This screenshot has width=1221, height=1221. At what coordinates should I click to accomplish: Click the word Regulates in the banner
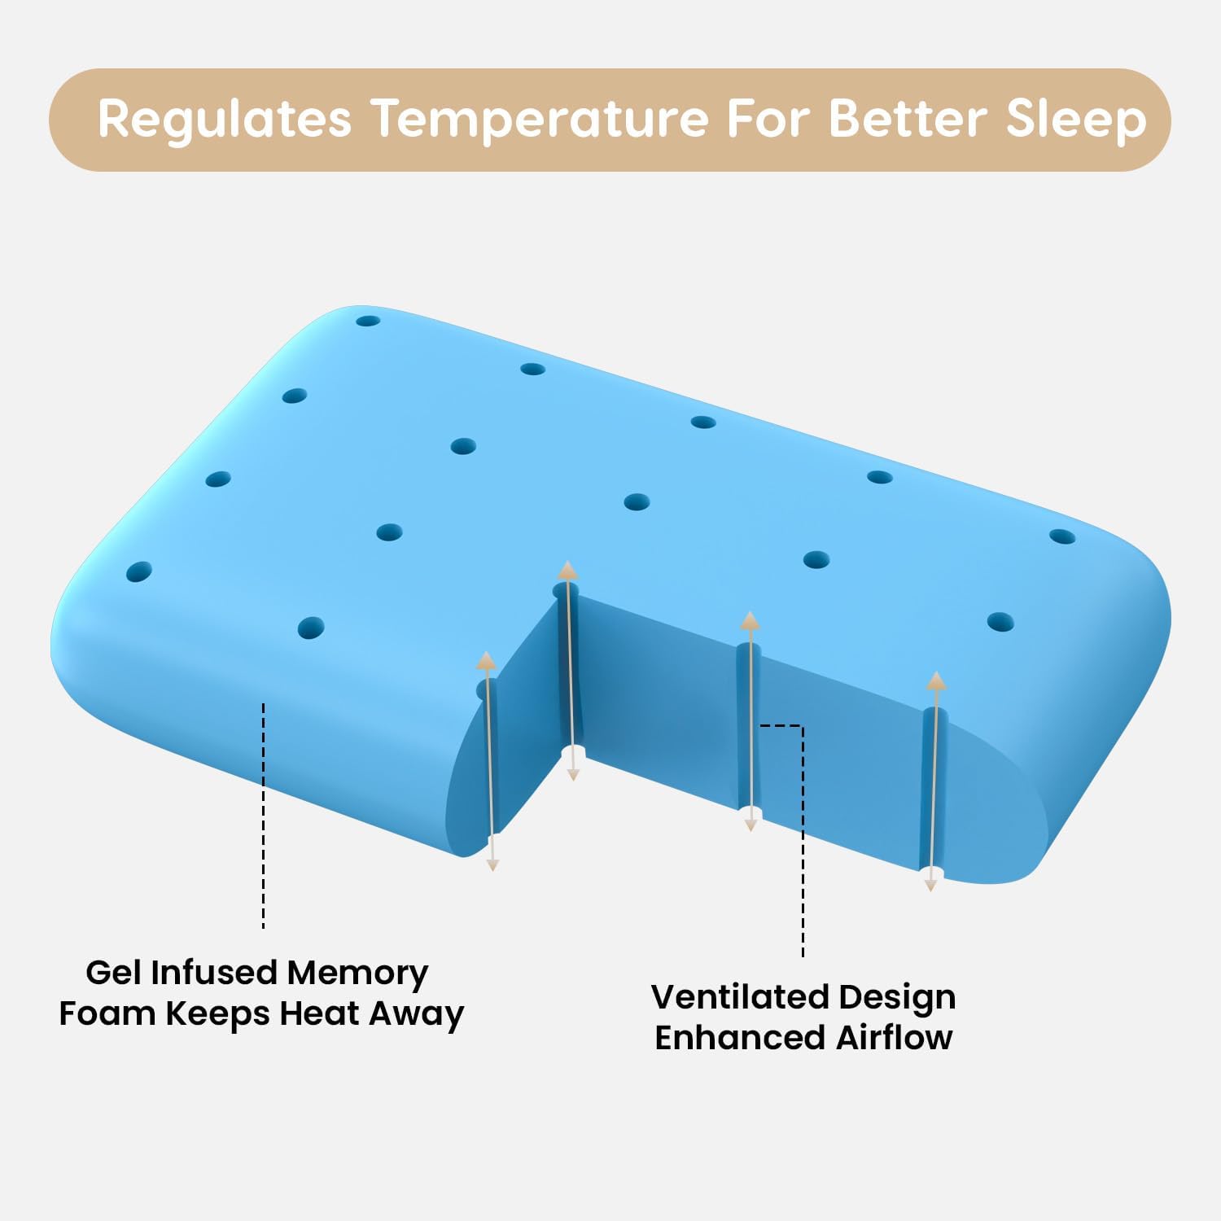(x=225, y=120)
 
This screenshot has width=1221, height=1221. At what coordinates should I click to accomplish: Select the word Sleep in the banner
(x=1075, y=120)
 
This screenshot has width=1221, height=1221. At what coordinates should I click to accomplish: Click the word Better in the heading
(x=908, y=120)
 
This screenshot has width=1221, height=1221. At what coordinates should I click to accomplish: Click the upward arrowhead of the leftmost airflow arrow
(x=487, y=660)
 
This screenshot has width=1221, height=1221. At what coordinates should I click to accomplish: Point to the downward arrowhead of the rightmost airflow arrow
(x=930, y=884)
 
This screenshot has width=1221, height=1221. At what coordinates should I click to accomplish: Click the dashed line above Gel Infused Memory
(x=263, y=814)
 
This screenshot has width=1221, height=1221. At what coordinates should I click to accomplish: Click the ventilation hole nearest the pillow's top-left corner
(x=368, y=321)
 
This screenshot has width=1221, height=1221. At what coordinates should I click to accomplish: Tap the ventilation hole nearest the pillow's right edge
(x=1062, y=536)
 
